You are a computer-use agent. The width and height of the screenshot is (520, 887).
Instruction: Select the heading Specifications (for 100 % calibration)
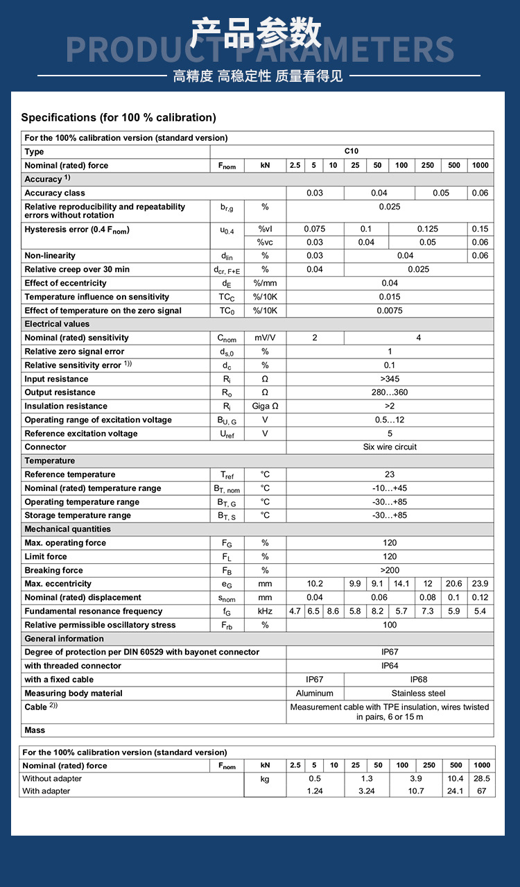point(119,117)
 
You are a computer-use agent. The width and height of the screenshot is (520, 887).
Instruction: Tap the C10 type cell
point(352,151)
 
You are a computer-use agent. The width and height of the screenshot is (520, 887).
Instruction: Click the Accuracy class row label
point(55,193)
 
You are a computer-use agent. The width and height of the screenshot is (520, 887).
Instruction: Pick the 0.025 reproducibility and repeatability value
point(390,207)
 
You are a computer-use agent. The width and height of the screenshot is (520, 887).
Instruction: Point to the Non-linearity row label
point(50,256)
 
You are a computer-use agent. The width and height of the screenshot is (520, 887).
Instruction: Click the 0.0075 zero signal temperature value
point(390,311)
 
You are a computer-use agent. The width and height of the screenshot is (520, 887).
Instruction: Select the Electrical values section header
point(57,324)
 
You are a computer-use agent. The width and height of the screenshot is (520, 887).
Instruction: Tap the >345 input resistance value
point(390,379)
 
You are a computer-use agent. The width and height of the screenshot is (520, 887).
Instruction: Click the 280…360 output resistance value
point(390,393)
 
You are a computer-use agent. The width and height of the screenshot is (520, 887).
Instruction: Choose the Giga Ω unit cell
point(265,406)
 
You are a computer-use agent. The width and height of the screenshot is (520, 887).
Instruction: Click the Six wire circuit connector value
point(390,447)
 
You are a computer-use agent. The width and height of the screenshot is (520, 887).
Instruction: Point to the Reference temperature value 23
point(390,474)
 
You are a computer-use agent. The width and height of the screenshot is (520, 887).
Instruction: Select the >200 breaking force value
point(390,570)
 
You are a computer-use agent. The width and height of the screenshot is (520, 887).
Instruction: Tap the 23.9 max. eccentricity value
point(480,584)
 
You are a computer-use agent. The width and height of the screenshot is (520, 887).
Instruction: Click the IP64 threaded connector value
point(390,666)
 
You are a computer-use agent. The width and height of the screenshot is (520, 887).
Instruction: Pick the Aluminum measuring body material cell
point(315,694)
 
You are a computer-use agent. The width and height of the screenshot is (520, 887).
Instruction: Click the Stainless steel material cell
point(419,694)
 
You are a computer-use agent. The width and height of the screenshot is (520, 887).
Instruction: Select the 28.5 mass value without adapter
point(481,779)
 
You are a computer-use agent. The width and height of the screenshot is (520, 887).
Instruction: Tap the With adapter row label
point(46,791)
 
